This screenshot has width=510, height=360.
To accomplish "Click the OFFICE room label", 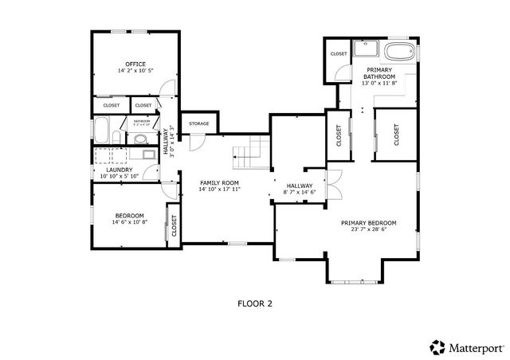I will pos(135,64).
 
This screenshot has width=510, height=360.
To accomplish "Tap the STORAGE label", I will pos(199,124).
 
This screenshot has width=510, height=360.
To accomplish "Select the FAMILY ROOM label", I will pos(219,183).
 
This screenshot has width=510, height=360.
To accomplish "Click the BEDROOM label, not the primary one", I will pos(129,216).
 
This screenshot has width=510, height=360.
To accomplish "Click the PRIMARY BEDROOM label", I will pos(368,223).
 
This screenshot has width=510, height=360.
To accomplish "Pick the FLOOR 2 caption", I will pos(255,303).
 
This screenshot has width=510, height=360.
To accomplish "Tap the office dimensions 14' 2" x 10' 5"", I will pos(135,71).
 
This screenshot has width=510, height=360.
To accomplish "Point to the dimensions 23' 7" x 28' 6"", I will pos(368,229).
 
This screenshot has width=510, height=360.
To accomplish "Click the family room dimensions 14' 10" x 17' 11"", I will pos(219,190).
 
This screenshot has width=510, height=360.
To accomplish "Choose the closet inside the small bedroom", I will pos(173,227).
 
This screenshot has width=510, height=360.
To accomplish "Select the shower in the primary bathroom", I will pos(366,50).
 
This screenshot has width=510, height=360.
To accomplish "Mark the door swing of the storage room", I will pos(194,141).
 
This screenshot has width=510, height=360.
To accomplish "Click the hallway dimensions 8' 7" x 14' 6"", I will pos(300,192).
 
